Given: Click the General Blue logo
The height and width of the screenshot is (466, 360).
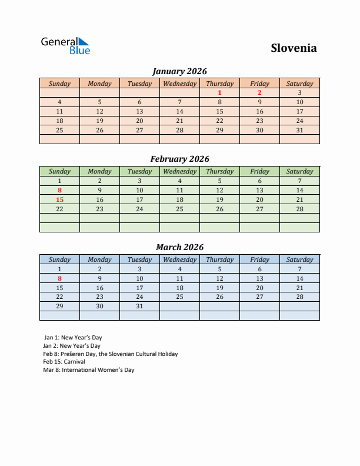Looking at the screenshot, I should (65, 45).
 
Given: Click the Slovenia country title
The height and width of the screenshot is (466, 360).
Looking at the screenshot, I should (294, 48).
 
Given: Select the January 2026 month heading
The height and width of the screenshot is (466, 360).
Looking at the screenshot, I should (179, 71).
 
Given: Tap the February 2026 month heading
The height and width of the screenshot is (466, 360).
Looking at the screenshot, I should (179, 159).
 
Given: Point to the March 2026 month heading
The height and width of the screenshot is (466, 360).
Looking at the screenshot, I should (179, 247).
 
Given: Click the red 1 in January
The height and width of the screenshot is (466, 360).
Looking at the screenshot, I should (219, 92).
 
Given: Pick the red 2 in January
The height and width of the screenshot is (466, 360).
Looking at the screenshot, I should (259, 92).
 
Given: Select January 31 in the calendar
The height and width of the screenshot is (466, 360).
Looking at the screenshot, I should (299, 130).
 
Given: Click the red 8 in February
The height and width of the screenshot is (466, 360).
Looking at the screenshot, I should (59, 190).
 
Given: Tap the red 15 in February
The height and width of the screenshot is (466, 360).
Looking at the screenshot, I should (59, 199).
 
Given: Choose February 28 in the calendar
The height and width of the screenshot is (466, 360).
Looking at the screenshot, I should (299, 209).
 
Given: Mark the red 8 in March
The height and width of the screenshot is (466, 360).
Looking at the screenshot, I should (59, 278).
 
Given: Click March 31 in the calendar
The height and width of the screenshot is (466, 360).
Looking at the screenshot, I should (139, 307).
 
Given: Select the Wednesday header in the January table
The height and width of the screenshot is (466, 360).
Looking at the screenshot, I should (179, 84).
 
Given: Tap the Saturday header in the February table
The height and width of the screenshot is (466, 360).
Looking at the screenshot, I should (299, 171).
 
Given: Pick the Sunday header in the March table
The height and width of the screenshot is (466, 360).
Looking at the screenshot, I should (59, 259).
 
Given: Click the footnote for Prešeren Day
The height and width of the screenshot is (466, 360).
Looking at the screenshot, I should (110, 354).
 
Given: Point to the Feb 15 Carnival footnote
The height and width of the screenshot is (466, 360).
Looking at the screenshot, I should (64, 362).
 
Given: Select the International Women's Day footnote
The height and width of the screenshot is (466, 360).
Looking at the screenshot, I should (89, 370).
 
